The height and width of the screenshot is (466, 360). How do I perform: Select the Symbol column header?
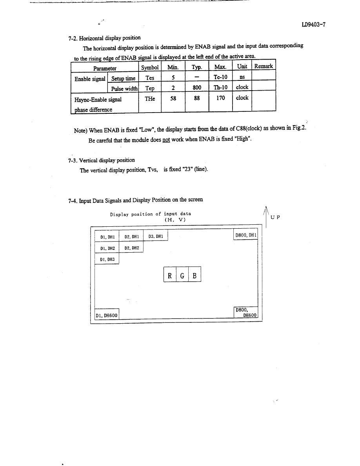coord(150,67)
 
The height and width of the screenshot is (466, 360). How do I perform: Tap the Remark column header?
coord(264,66)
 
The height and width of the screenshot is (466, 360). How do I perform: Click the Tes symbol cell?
coord(150,78)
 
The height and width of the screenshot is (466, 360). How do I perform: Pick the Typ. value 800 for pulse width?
coord(197,88)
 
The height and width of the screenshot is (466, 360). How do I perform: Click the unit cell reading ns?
coord(242,78)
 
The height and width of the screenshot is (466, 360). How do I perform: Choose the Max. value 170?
coord(220,98)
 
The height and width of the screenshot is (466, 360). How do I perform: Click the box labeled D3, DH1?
coord(156,237)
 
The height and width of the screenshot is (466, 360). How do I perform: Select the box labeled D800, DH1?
coord(245,235)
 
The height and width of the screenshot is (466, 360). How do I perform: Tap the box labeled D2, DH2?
coord(131,248)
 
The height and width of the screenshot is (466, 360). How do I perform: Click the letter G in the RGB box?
coord(182,275)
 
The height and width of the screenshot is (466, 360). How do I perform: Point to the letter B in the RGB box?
coord(195,275)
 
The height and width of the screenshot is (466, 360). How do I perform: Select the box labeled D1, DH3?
coord(107,259)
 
